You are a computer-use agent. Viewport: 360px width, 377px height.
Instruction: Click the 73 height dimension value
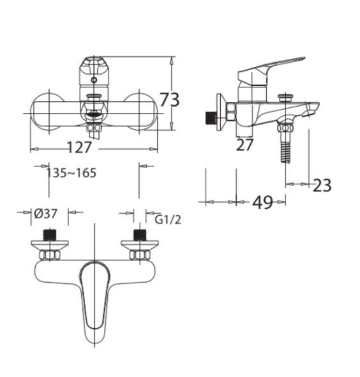(170, 100)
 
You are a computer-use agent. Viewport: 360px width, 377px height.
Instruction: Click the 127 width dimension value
(79, 147)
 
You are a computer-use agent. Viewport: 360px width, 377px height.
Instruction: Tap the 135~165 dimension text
(71, 173)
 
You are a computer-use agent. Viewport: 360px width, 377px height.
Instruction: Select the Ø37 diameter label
(46, 214)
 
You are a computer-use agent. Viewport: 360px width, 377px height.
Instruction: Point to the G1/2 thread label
(167, 219)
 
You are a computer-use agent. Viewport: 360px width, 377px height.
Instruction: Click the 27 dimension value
(244, 145)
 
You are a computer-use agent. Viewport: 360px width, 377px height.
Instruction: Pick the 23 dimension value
(322, 185)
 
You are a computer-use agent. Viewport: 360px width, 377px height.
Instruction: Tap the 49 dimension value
(263, 202)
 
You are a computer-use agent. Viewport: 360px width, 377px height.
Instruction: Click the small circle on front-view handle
(94, 80)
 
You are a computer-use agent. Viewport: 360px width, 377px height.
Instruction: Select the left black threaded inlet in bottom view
(50, 235)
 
